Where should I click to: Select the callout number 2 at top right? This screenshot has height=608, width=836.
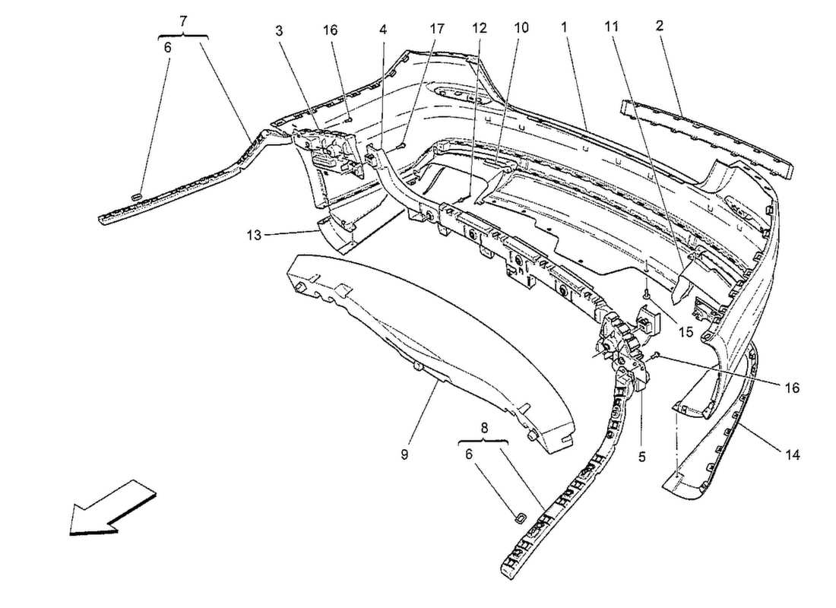(x=660, y=25)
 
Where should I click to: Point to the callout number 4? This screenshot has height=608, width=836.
(x=383, y=30)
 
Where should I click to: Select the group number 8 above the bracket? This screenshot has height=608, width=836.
(x=483, y=427)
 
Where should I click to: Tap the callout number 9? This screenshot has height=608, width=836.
(x=404, y=454)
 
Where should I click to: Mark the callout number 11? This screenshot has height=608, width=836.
(x=612, y=26)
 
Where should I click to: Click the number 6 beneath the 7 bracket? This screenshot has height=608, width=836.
(x=168, y=47)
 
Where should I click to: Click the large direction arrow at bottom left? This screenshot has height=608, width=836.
(x=112, y=508)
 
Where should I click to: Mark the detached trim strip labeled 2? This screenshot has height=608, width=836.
(x=707, y=135)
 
